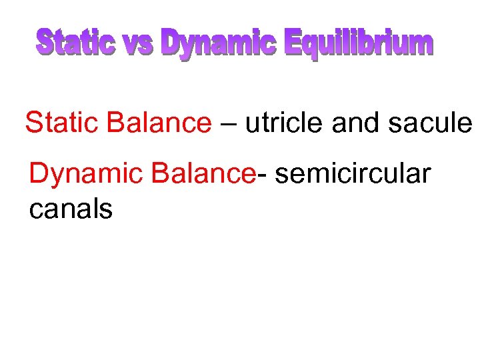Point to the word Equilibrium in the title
(x=359, y=45)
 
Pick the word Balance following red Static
(x=158, y=123)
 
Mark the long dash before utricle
(x=228, y=125)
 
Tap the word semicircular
(x=353, y=173)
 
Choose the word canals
(x=71, y=209)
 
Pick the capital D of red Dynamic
(x=39, y=173)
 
